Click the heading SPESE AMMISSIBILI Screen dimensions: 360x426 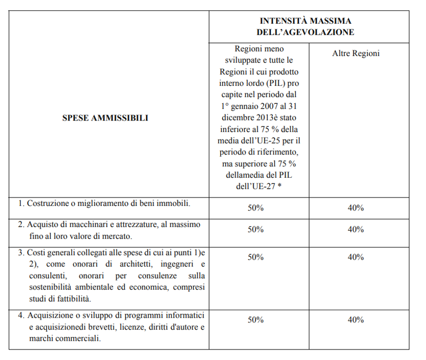pyautogui.click(x=105, y=118)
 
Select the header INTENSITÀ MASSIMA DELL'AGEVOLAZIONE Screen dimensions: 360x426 pyautogui.click(x=309, y=27)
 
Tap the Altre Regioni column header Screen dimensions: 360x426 pyautogui.click(x=356, y=53)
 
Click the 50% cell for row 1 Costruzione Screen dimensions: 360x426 pyautogui.click(x=256, y=208)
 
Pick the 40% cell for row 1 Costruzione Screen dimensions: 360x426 pyautogui.click(x=356, y=208)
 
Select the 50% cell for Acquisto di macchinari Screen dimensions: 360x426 pyautogui.click(x=256, y=230)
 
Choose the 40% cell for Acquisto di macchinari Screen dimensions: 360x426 pyautogui.click(x=356, y=230)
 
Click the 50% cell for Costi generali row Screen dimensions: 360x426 pyautogui.click(x=256, y=257)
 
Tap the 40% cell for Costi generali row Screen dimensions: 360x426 pyautogui.click(x=356, y=257)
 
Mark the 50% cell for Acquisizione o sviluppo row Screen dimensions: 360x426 pyautogui.click(x=256, y=320)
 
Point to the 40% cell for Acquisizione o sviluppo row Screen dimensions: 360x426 pyautogui.click(x=356, y=320)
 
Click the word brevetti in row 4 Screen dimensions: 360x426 pyautogui.click(x=96, y=327)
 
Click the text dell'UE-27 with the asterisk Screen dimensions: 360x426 pyautogui.click(x=256, y=186)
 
